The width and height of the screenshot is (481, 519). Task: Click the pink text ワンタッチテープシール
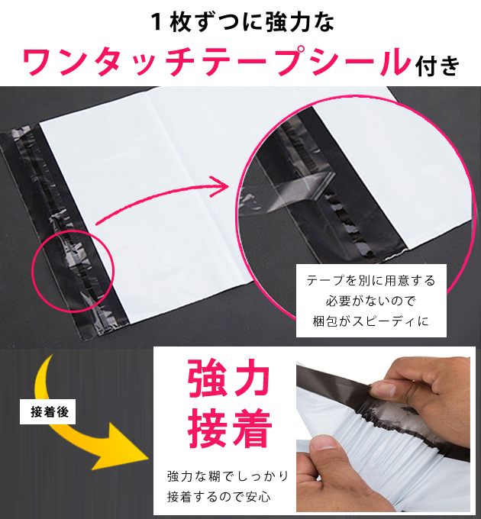[217, 62]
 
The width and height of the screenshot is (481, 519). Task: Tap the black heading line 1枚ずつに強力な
[242, 22]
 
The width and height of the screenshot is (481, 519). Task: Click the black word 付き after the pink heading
[438, 66]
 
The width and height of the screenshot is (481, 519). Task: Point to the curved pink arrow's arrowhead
[220, 186]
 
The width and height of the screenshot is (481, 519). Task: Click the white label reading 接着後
[47, 412]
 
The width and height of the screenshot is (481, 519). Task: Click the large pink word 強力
[228, 379]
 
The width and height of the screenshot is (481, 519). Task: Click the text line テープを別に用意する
[371, 281]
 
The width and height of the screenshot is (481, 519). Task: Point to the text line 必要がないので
[371, 301]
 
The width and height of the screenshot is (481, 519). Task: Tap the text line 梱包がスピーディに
[371, 321]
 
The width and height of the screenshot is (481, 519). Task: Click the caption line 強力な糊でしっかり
[228, 476]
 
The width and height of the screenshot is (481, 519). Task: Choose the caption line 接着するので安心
[219, 497]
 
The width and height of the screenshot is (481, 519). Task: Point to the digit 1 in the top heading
[157, 22]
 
